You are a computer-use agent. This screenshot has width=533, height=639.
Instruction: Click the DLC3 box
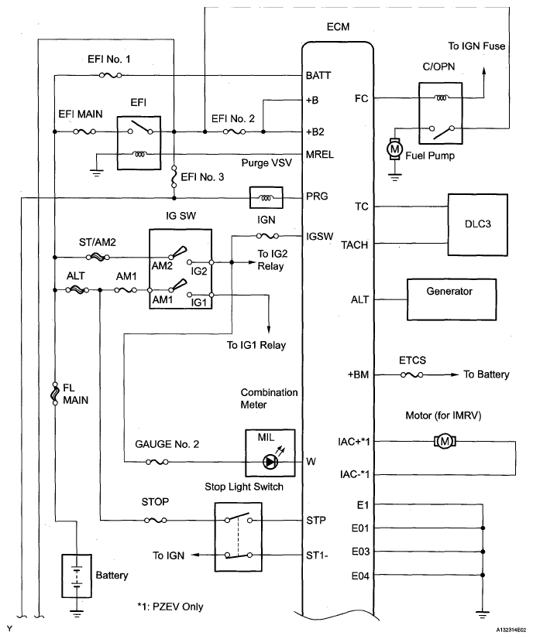click(x=478, y=225)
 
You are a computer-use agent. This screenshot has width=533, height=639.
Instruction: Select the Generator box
click(x=452, y=299)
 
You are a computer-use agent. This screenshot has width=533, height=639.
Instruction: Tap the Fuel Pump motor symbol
click(x=394, y=149)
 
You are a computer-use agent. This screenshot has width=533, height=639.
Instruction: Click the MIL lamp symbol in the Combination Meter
click(x=270, y=462)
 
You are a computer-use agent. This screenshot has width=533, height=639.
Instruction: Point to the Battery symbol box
click(x=77, y=576)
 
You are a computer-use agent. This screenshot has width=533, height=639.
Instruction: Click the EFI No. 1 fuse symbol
click(x=110, y=75)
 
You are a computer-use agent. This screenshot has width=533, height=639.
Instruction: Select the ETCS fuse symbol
click(x=412, y=374)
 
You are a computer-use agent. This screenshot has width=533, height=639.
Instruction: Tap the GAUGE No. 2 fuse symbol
click(x=157, y=462)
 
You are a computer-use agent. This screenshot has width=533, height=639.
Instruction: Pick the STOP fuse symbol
click(x=155, y=521)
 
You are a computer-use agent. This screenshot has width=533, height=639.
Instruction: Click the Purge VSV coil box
click(x=266, y=197)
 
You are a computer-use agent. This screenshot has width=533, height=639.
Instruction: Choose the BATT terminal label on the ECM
click(x=318, y=75)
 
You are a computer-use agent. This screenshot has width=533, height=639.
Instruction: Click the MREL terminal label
click(x=320, y=155)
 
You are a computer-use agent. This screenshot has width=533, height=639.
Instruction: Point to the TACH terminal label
click(x=354, y=245)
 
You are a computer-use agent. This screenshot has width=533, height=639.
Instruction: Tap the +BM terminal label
click(x=358, y=374)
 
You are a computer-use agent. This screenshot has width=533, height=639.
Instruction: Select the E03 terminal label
click(x=360, y=552)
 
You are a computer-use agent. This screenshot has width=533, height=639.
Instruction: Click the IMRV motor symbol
click(x=445, y=442)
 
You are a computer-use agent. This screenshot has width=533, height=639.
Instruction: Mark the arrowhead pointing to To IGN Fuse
click(x=484, y=71)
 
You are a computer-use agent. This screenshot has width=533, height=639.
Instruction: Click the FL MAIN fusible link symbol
click(x=54, y=393)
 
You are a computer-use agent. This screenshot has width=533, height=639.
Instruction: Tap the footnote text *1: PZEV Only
click(x=170, y=607)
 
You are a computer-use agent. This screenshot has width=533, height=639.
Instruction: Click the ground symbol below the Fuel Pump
click(x=394, y=176)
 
